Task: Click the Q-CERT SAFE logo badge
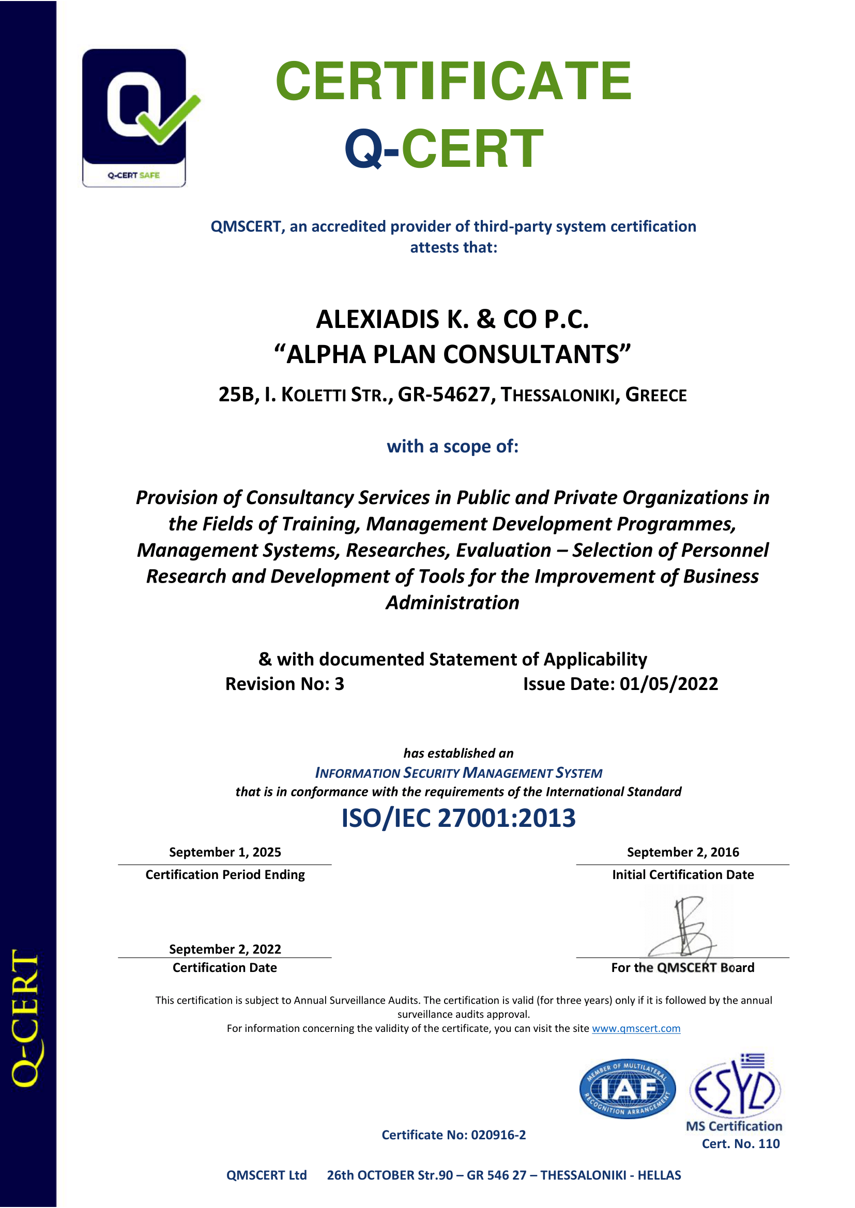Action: click(x=134, y=118)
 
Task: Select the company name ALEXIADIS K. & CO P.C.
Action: click(x=452, y=319)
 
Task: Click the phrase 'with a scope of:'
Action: click(x=452, y=446)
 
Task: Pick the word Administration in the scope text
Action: click(x=452, y=602)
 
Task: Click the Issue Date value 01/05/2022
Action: click(x=668, y=684)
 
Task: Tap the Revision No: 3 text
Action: click(x=284, y=684)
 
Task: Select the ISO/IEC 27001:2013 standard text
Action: click(x=459, y=818)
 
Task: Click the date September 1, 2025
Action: click(x=225, y=852)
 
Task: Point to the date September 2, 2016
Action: click(x=683, y=852)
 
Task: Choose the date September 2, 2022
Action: click(x=225, y=949)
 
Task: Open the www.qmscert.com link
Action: click(x=636, y=1029)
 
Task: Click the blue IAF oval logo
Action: click(x=627, y=1089)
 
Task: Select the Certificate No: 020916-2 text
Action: click(x=453, y=1135)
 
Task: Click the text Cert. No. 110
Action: click(x=740, y=1143)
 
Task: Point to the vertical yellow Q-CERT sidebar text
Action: click(x=26, y=1018)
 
